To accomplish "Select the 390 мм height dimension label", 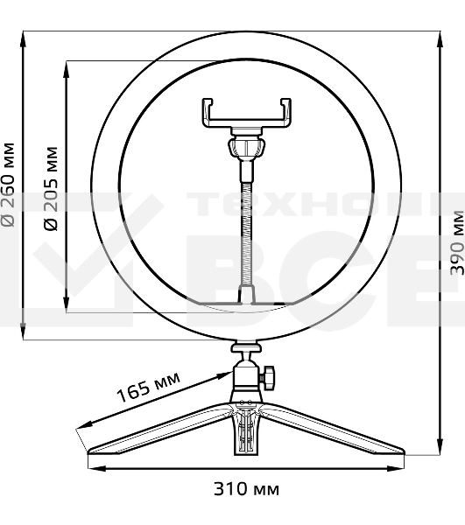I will coord(454,242).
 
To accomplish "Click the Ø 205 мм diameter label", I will coord(50,189).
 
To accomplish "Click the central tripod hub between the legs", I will coord(247,424).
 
